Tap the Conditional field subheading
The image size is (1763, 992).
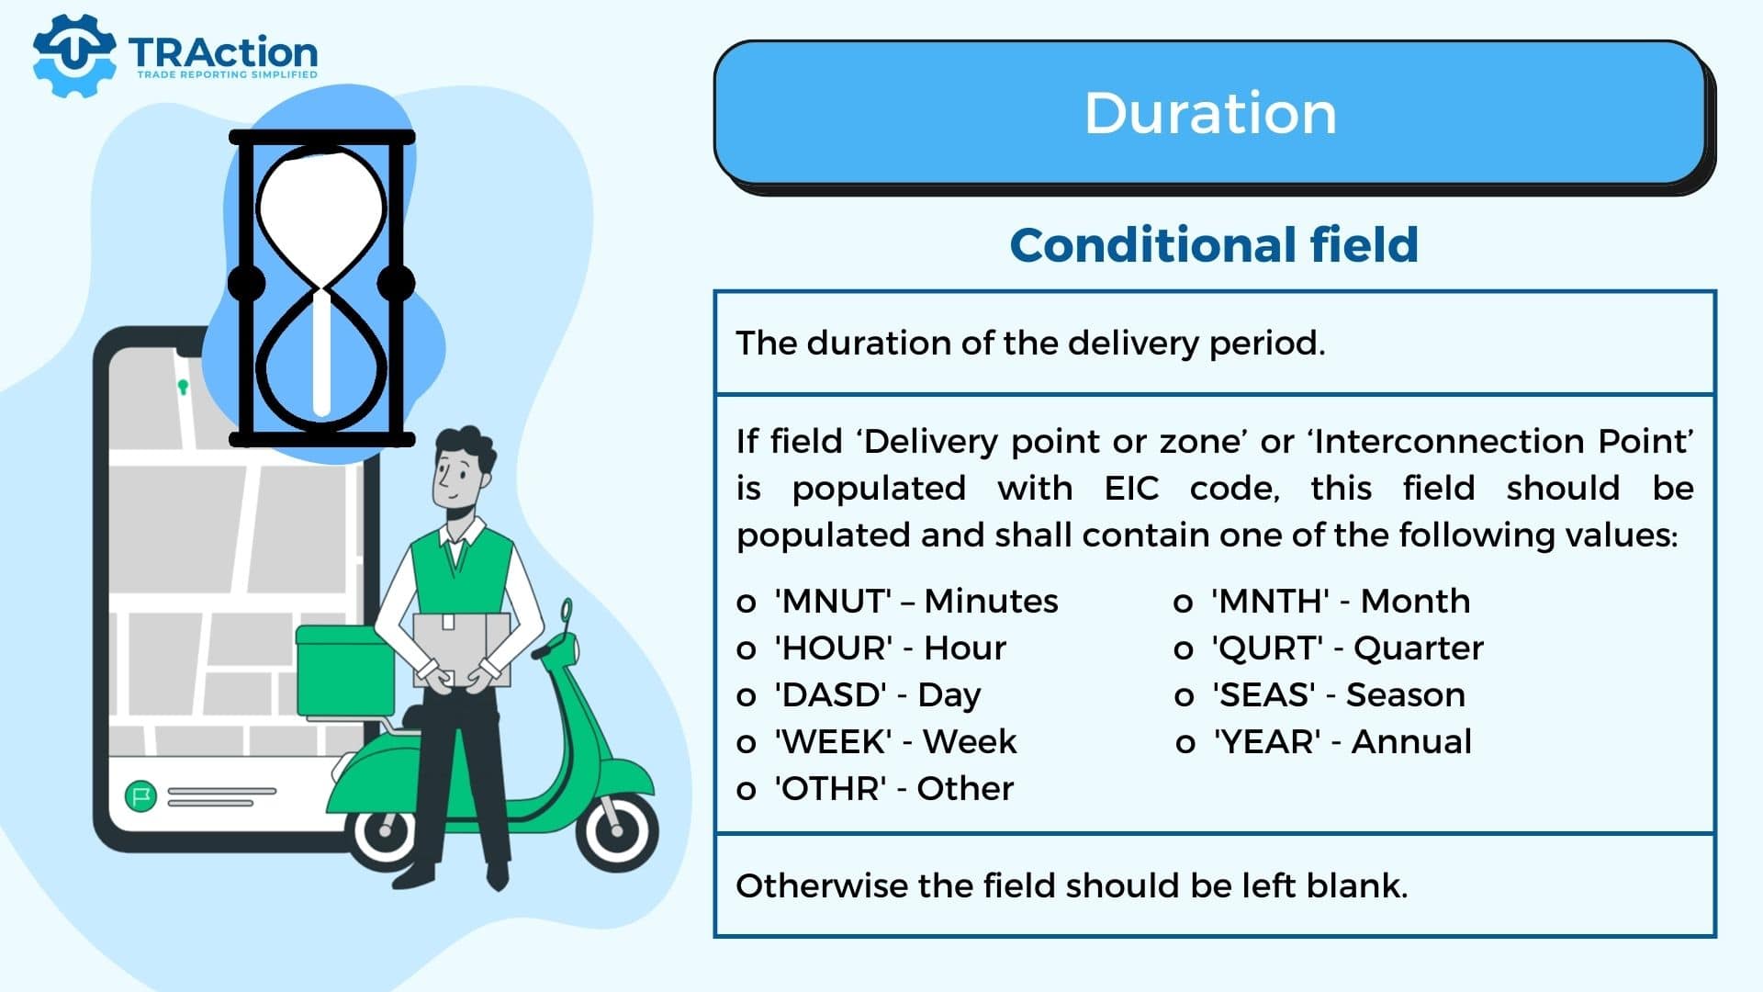[x=1214, y=245]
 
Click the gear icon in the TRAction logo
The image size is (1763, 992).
[x=74, y=55]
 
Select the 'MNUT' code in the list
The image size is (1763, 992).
[x=834, y=602]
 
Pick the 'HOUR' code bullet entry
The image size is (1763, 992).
[x=834, y=648]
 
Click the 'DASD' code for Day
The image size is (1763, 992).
[x=831, y=695]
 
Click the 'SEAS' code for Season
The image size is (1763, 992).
[x=1263, y=695]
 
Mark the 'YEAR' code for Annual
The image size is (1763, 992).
[x=1267, y=742]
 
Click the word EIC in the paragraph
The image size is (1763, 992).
[x=1131, y=489]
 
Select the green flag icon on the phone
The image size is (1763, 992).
[x=140, y=795]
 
